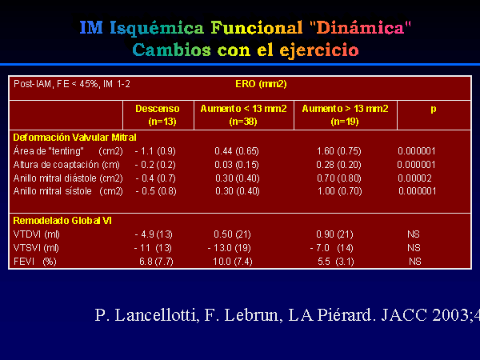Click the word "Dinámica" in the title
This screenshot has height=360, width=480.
[x=360, y=28]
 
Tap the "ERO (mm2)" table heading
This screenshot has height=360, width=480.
[x=261, y=84]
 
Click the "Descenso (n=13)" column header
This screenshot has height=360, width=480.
[x=158, y=115]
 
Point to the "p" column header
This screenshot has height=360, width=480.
[x=433, y=110]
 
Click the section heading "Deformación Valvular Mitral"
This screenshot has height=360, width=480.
[x=74, y=138]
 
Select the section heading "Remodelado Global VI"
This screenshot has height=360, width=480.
[x=62, y=221]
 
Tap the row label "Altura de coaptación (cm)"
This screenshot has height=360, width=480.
[x=66, y=165]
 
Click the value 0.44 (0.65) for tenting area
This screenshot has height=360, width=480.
[x=237, y=151]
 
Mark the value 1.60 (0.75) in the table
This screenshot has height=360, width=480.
[x=339, y=151]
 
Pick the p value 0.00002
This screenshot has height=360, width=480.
[x=414, y=178]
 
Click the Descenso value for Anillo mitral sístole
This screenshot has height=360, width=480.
[x=156, y=191]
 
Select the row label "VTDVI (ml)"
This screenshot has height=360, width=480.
[x=37, y=234]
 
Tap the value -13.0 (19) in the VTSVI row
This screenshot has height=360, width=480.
[x=230, y=248]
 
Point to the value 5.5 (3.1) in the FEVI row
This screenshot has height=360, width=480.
[x=336, y=262]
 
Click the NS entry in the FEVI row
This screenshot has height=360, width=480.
[x=415, y=262]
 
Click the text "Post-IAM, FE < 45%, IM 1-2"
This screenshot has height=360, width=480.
[x=72, y=84]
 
